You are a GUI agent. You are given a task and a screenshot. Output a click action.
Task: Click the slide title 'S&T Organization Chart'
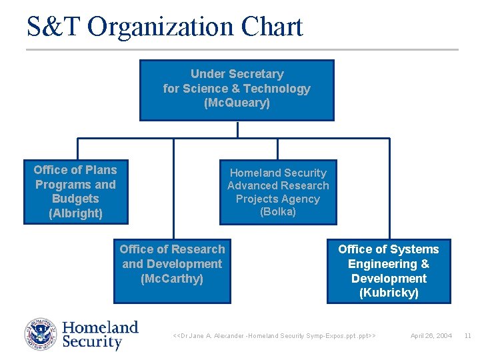pyautogui.click(x=165, y=27)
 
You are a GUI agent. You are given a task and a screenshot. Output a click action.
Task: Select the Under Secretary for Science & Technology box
pyautogui.click(x=237, y=90)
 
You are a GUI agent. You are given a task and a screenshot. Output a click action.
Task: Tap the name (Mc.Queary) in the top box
pyautogui.click(x=237, y=103)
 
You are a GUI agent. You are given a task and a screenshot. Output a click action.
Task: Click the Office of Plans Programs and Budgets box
pyautogui.click(x=75, y=191)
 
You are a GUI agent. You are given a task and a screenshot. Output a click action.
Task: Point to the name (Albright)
pyautogui.click(x=75, y=213)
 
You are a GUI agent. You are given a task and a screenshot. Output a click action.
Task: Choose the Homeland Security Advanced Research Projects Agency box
pyautogui.click(x=278, y=192)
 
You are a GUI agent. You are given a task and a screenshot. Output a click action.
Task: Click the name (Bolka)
pyautogui.click(x=278, y=212)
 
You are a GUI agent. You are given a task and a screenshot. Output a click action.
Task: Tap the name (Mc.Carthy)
pyautogui.click(x=172, y=279)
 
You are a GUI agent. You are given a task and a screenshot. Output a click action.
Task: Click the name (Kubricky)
pyautogui.click(x=389, y=293)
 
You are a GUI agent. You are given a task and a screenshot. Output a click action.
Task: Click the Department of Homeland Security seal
pyautogui.click(x=41, y=335)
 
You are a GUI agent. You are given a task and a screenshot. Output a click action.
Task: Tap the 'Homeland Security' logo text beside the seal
pyautogui.click(x=99, y=335)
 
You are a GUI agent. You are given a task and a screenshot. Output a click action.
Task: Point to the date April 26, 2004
pyautogui.click(x=431, y=335)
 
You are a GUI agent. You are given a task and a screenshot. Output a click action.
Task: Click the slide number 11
pyautogui.click(x=467, y=335)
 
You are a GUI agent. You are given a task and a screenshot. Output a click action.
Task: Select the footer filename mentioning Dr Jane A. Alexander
pyautogui.click(x=274, y=335)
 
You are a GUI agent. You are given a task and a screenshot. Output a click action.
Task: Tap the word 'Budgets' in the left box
pyautogui.click(x=75, y=199)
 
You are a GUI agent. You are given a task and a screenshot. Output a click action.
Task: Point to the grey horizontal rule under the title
pyautogui.click(x=242, y=49)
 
